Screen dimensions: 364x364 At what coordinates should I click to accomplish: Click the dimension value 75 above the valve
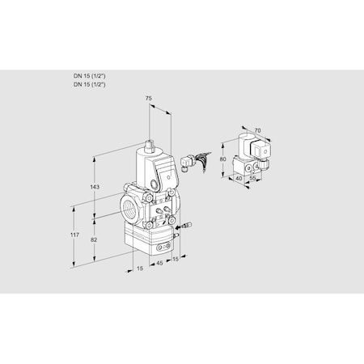point(147,98)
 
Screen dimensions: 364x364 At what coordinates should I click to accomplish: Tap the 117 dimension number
point(74,235)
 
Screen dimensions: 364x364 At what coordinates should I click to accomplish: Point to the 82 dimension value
point(94,241)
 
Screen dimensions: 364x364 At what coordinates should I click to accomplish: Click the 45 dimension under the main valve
point(159,261)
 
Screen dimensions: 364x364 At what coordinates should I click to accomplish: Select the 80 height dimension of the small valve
point(222,160)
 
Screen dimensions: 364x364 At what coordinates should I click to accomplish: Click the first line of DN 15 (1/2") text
point(89,76)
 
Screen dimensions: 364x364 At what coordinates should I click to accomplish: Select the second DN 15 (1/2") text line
point(89,84)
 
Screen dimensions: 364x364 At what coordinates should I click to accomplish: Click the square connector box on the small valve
point(260,150)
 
